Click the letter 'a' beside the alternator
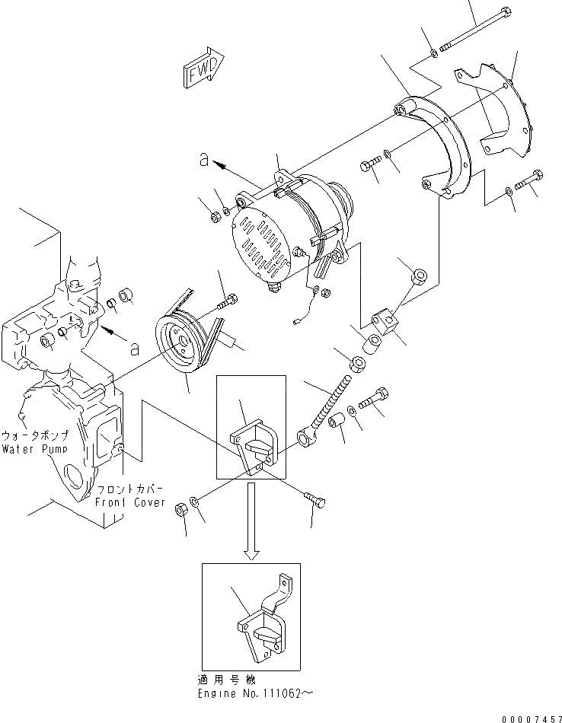click(203, 159)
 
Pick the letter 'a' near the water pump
click(135, 349)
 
